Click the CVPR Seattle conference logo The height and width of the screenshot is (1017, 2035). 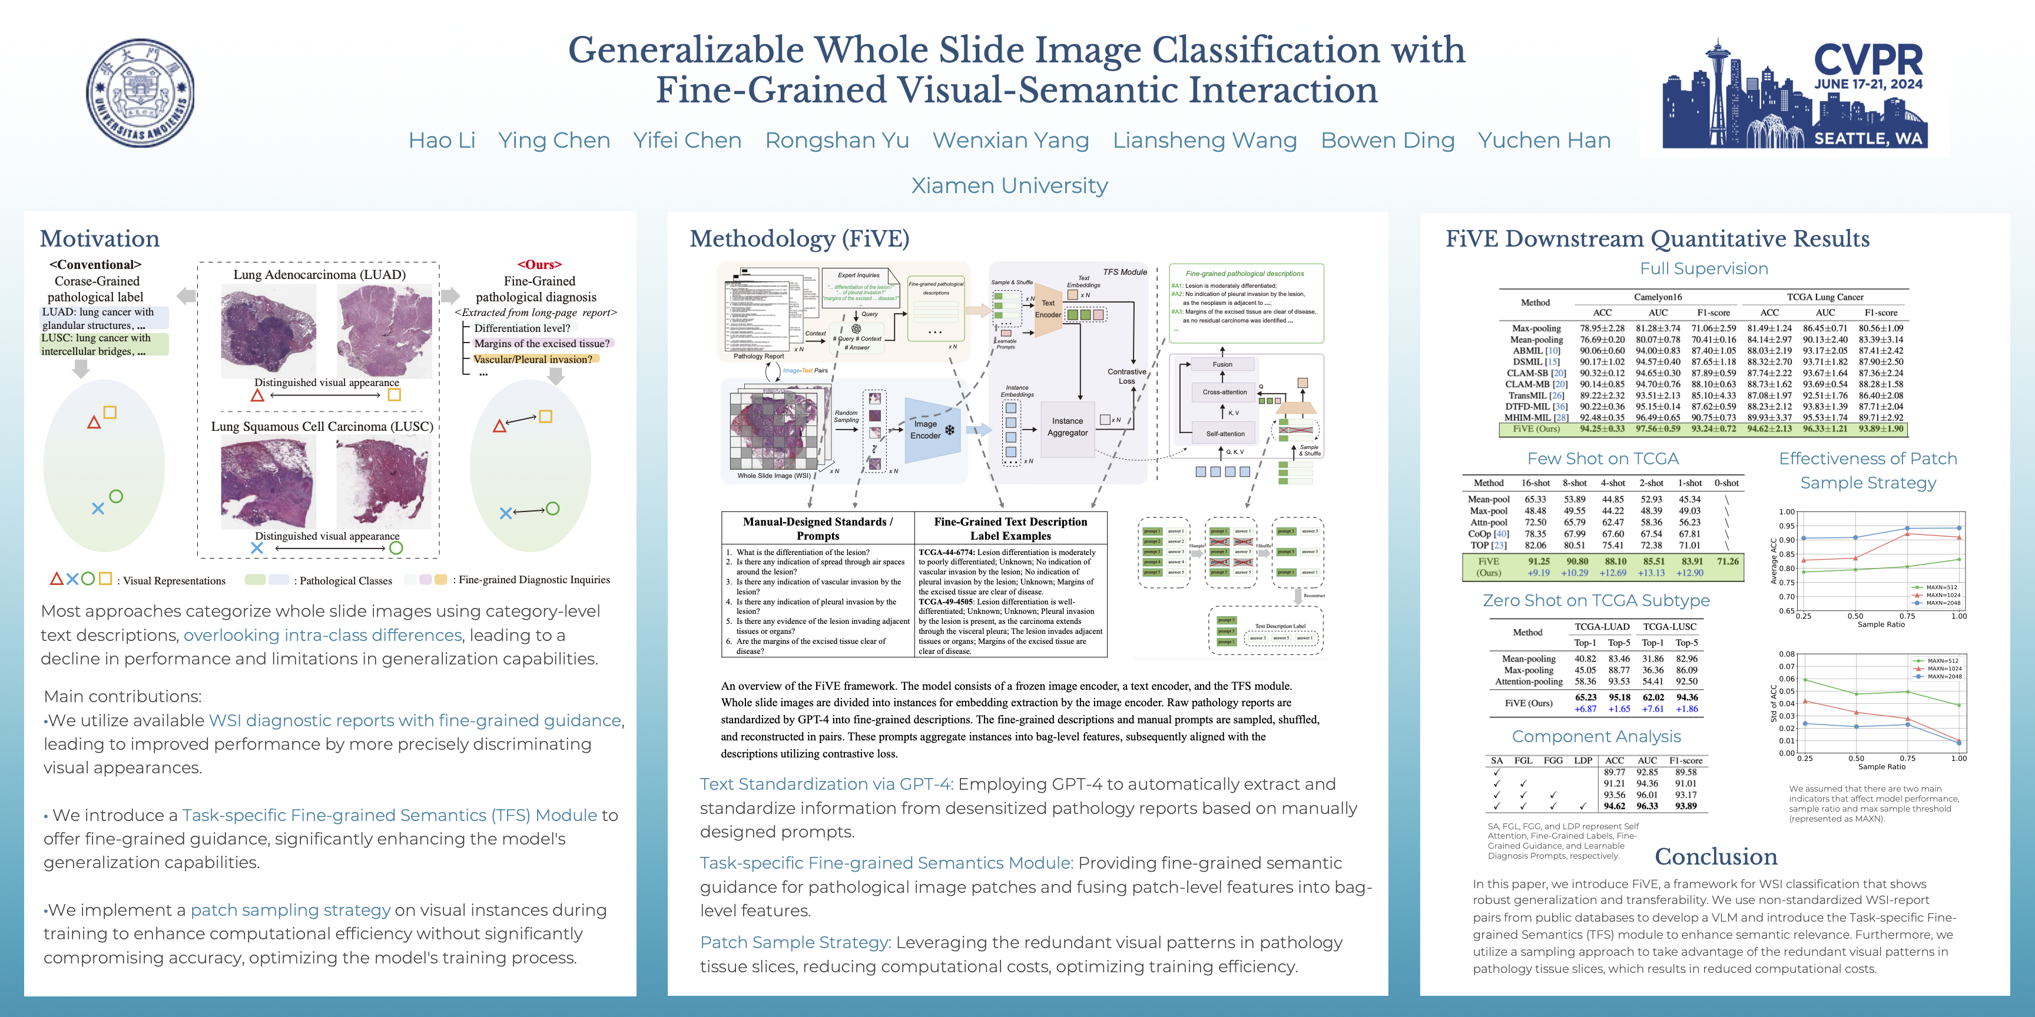1794,94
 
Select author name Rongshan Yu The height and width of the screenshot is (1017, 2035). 837,141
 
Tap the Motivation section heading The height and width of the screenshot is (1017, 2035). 100,238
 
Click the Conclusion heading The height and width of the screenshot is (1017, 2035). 1716,857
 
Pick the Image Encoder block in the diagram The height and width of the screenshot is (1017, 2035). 926,430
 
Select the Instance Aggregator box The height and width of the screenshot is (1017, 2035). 1068,427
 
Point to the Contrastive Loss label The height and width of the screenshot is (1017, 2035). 1126,376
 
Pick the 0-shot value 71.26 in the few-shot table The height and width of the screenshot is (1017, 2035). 1728,561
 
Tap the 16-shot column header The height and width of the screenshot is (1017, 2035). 1535,483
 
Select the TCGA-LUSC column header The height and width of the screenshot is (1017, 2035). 1669,626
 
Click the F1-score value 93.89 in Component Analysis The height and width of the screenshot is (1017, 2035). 1686,806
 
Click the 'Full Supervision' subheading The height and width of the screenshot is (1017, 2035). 1703,268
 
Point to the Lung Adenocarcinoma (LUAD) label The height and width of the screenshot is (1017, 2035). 319,275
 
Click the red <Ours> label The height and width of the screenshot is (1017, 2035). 539,264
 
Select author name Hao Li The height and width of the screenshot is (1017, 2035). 442,141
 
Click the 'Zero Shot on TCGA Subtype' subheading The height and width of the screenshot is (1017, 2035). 1596,600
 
